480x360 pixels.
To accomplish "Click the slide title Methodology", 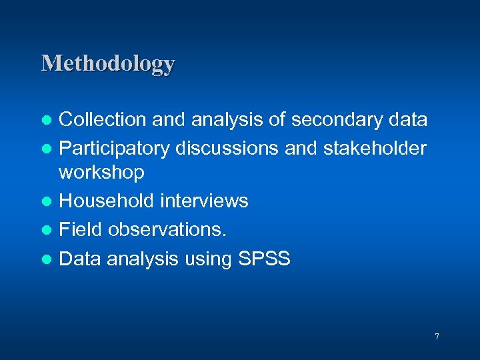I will (x=108, y=64).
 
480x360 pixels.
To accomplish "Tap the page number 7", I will (x=437, y=337).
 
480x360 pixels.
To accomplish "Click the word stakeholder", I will (x=375, y=147).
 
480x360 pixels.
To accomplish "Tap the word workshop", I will (x=101, y=173).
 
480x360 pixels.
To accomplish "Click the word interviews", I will (x=206, y=201).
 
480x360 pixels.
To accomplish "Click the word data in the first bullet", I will (x=407, y=120).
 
